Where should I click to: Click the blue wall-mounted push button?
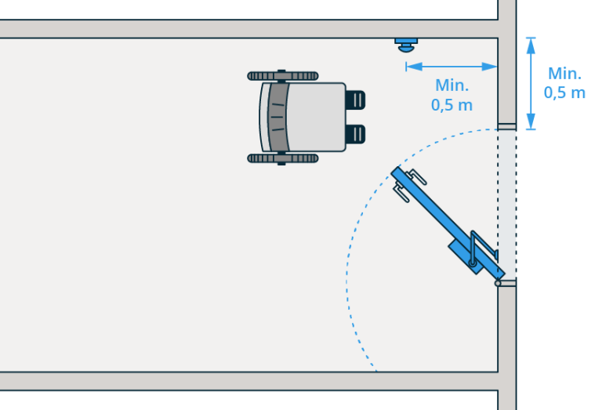click(x=406, y=44)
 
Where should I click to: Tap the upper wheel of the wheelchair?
click(x=283, y=76)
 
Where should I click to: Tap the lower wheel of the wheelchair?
click(x=283, y=158)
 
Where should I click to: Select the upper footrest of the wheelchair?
click(x=355, y=100)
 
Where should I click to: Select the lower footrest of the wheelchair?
click(x=355, y=134)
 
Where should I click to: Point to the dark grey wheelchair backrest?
click(x=276, y=117)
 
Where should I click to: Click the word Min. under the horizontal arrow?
click(x=451, y=85)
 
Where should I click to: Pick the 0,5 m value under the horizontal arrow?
click(x=451, y=105)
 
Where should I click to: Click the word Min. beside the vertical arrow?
click(x=564, y=74)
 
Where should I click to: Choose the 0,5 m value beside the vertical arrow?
click(x=564, y=93)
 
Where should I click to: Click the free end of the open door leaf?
click(x=397, y=172)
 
